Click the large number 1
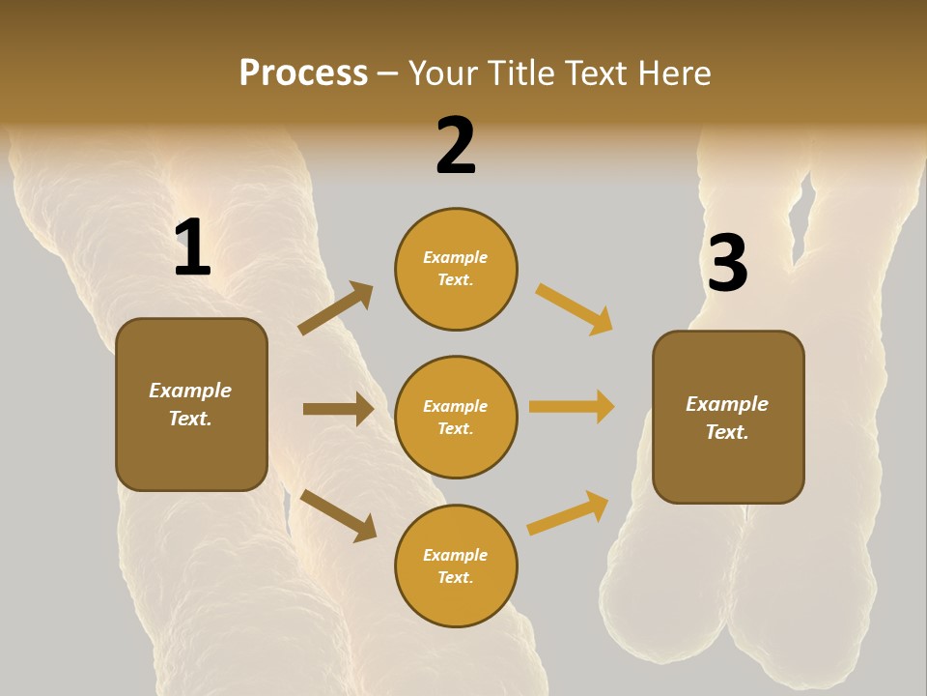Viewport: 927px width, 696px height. (192, 248)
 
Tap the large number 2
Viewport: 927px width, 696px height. (456, 146)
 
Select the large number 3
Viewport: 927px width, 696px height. (727, 264)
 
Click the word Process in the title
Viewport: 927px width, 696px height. (303, 72)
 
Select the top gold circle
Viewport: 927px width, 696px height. (456, 269)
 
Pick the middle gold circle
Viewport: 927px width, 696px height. (456, 417)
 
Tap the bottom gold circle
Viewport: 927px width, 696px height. (456, 565)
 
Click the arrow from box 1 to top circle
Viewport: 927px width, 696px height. (336, 307)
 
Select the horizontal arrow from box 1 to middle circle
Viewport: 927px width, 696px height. (338, 409)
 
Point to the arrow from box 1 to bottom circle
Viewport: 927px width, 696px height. (338, 515)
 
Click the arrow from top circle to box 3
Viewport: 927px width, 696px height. (575, 309)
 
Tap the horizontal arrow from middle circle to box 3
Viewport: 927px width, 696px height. (572, 407)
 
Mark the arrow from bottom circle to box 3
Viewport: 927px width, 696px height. (569, 512)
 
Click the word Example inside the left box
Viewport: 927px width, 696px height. (190, 391)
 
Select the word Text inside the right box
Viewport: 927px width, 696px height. (726, 432)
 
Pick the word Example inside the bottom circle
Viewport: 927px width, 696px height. (455, 555)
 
